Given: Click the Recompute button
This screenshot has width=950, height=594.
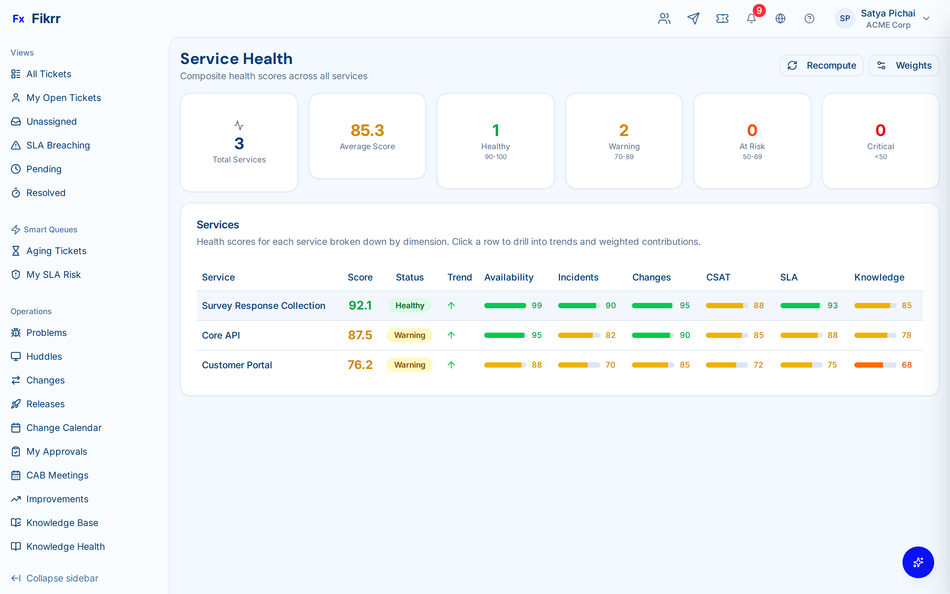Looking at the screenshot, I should [x=821, y=65].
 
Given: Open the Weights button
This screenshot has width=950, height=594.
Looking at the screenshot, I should [x=904, y=65].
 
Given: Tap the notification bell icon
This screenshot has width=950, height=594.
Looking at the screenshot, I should [x=751, y=18].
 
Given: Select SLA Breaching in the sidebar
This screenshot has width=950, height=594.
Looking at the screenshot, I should [x=58, y=145].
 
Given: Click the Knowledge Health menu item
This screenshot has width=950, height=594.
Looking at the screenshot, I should [x=65, y=546].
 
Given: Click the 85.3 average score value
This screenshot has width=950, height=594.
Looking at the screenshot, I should [x=367, y=130].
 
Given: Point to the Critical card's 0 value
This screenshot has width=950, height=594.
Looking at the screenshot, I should [x=880, y=130].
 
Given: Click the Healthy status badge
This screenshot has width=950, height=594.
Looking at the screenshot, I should [x=409, y=306].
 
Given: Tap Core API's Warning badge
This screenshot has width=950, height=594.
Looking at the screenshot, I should [x=409, y=335].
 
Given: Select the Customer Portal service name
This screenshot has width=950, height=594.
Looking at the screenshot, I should [x=237, y=365].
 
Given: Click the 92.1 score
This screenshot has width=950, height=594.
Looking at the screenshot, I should [x=360, y=306].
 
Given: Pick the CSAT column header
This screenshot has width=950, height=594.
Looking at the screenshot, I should [x=718, y=277].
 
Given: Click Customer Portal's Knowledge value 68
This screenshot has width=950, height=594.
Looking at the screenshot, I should [x=906, y=365].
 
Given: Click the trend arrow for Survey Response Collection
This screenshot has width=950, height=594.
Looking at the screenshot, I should [x=451, y=306].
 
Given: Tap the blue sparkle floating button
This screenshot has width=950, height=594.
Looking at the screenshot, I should [x=918, y=562].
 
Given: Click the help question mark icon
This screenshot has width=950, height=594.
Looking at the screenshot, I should [x=809, y=18].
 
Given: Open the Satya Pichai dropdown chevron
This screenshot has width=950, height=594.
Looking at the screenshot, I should [x=926, y=18].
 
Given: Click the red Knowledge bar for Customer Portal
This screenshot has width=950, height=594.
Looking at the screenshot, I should [x=868, y=365].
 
